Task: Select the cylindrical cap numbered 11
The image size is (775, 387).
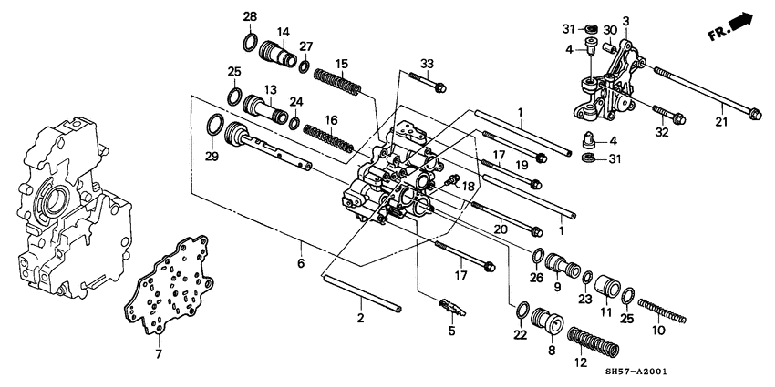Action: point(604,291)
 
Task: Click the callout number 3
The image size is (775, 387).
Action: point(625,20)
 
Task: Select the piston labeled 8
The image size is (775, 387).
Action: point(550,324)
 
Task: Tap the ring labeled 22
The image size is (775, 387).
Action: point(525,311)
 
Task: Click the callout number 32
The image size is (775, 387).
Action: point(662,132)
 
